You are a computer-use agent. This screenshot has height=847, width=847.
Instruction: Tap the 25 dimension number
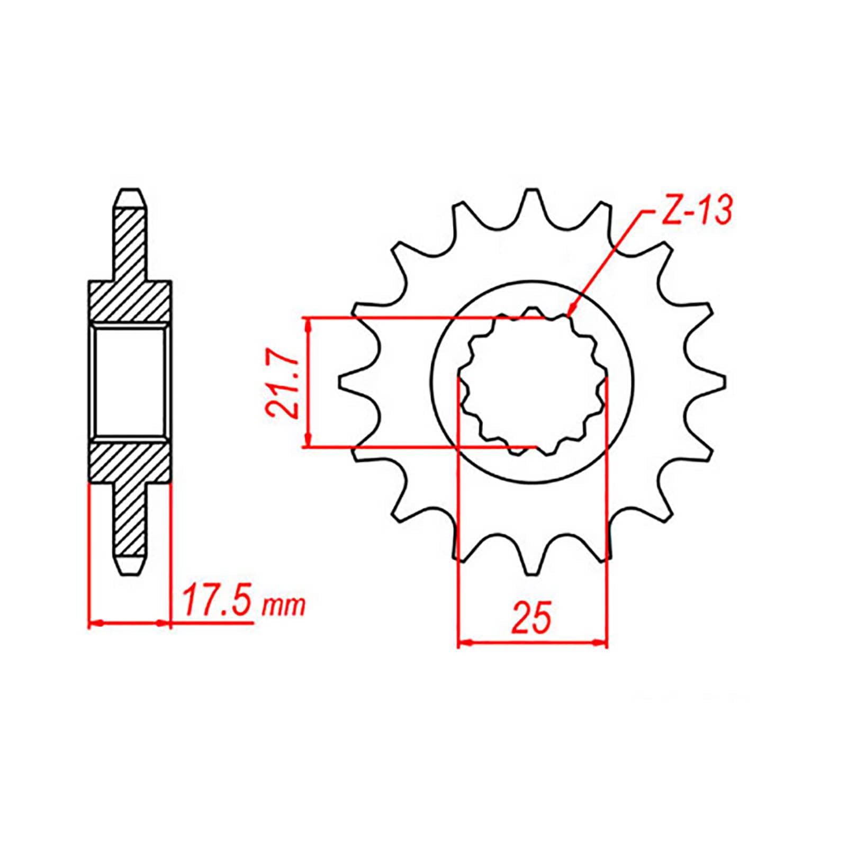[x=531, y=617]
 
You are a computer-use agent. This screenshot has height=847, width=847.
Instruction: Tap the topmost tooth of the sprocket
[x=531, y=199]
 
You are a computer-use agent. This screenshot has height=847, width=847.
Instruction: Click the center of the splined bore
[x=531, y=382]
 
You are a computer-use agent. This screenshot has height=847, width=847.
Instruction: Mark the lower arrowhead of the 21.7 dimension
[x=308, y=441]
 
